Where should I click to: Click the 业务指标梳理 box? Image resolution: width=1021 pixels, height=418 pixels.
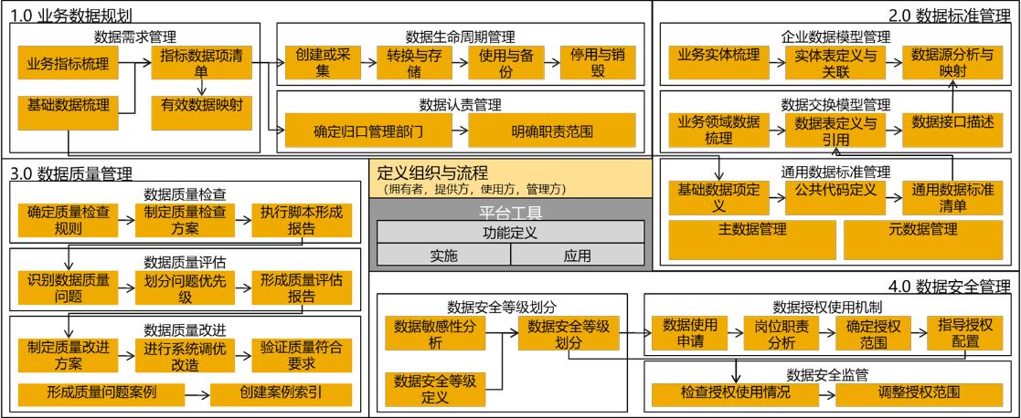click(x=68, y=63)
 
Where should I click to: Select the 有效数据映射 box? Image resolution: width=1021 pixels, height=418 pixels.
click(x=201, y=105)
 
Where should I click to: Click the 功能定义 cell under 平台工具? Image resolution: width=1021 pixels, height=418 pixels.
click(x=510, y=233)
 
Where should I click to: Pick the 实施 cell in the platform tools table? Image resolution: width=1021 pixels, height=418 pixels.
click(x=443, y=256)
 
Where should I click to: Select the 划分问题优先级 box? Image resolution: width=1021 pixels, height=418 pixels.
click(x=185, y=287)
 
